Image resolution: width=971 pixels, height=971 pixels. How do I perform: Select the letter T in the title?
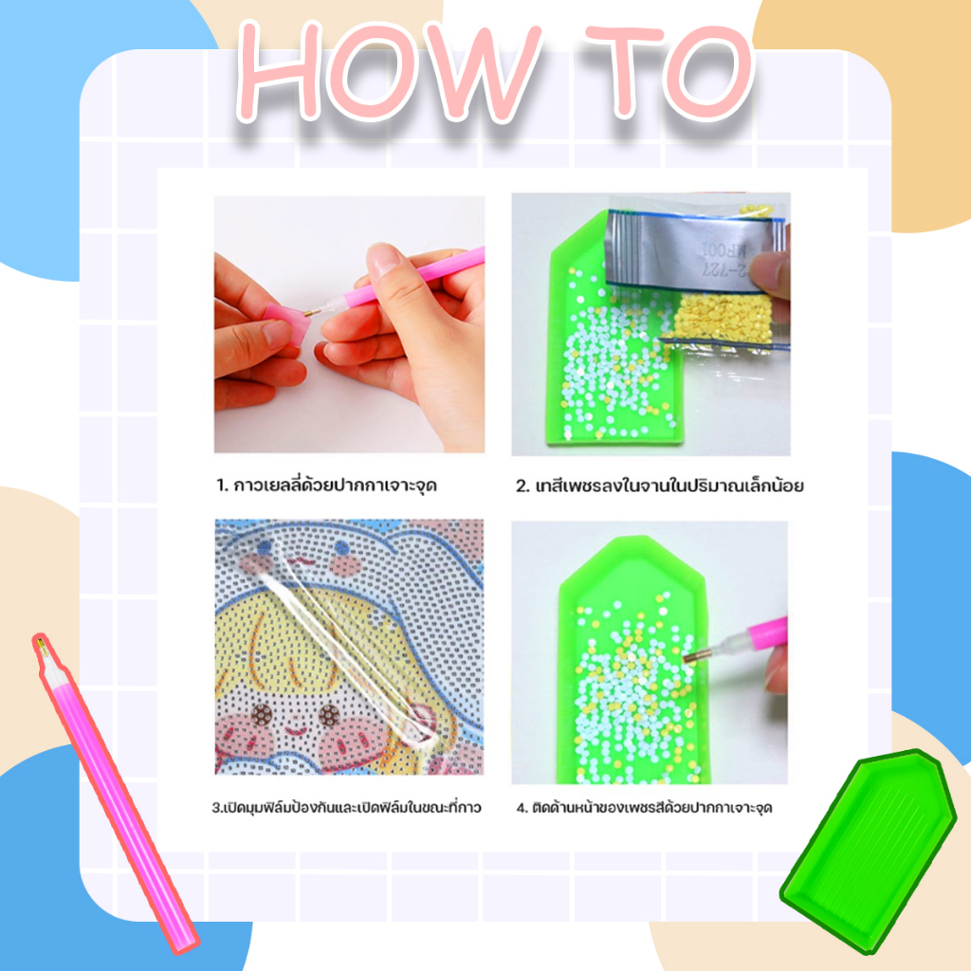tap(626, 70)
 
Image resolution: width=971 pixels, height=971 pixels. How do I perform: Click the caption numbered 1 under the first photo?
tap(326, 485)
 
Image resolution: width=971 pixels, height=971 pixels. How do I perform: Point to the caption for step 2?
tap(660, 485)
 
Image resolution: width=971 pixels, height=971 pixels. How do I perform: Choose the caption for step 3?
tap(346, 807)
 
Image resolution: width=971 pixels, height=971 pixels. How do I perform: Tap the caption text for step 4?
tap(644, 807)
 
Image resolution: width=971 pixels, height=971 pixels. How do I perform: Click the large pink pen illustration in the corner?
tap(115, 794)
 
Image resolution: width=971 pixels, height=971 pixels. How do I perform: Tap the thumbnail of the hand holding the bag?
tap(650, 324)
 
